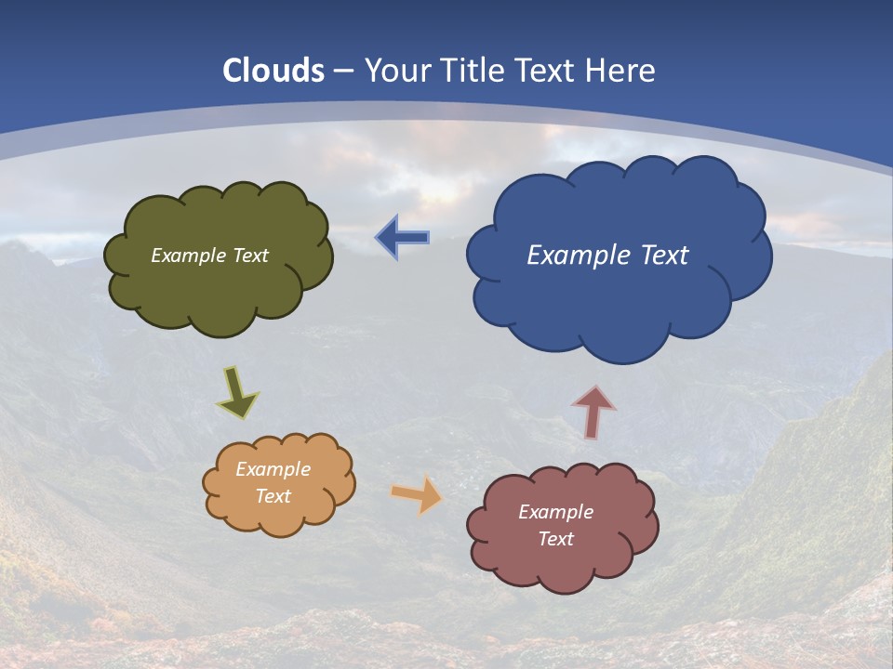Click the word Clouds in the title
(x=273, y=70)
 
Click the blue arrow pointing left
(x=403, y=238)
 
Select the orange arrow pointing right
(x=417, y=494)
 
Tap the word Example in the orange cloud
(x=273, y=469)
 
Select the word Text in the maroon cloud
(x=555, y=539)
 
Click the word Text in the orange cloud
(x=273, y=496)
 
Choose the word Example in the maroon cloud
(x=555, y=512)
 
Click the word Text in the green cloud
(x=250, y=256)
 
